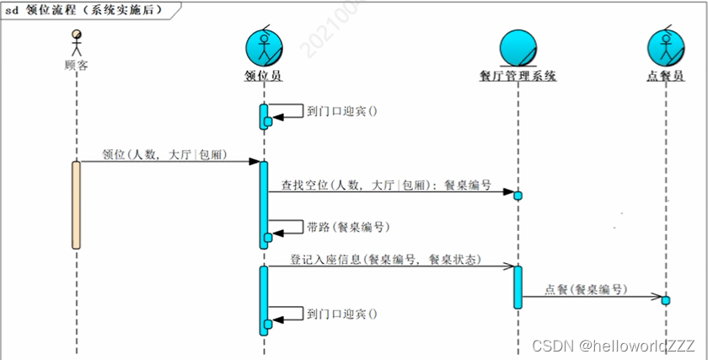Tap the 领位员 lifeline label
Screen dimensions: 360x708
click(262, 76)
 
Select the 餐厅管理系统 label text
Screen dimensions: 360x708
click(518, 76)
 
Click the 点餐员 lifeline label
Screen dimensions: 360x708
click(664, 76)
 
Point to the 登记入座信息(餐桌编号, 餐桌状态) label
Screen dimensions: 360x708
click(385, 259)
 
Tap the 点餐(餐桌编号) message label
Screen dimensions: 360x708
click(586, 289)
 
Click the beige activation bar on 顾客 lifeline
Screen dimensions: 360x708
click(76, 205)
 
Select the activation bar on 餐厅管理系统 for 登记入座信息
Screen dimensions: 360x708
click(518, 287)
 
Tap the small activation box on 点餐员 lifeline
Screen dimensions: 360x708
click(665, 300)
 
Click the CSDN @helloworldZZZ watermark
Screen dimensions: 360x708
click(613, 346)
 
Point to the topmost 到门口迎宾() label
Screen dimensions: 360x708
click(341, 110)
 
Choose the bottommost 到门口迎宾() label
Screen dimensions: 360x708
click(341, 314)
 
